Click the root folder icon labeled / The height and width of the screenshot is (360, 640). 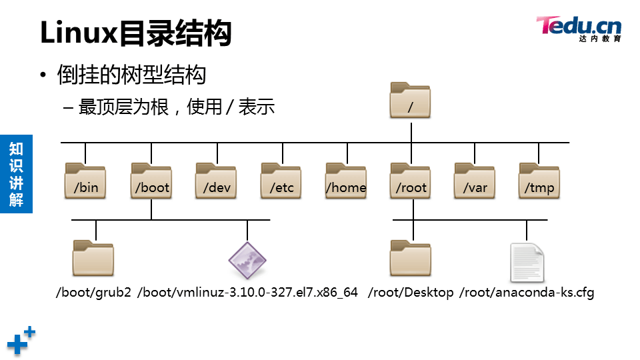tap(411, 101)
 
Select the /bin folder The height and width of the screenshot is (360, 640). tap(85, 181)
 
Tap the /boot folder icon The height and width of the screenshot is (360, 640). tap(151, 181)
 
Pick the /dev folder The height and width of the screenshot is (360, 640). tap(217, 181)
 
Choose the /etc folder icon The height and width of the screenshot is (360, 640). tap(281, 181)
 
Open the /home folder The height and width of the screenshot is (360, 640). tap(346, 181)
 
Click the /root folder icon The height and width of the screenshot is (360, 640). tap(411, 181)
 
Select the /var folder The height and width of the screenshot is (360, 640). tap(475, 181)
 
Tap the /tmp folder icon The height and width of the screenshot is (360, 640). tap(539, 181)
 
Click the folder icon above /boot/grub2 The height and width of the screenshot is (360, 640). tap(93, 258)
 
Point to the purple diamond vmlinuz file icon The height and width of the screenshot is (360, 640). tap(247, 260)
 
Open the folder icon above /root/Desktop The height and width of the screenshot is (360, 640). tap(411, 258)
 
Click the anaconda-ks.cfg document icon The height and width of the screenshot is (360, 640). tap(527, 261)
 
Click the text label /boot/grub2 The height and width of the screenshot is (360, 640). tap(93, 293)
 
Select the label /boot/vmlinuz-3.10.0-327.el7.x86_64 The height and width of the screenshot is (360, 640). tap(247, 293)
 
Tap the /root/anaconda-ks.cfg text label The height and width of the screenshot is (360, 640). tap(527, 293)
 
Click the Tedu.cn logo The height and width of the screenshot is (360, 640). tap(578, 29)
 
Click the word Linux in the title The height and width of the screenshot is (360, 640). tap(79, 33)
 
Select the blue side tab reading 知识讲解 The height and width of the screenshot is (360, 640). tap(16, 173)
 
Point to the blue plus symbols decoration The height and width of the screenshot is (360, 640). tap(21, 341)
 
